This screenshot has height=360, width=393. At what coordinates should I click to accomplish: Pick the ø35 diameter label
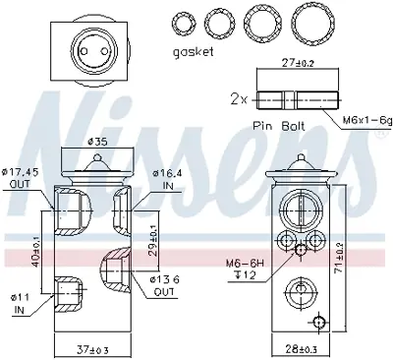pos(97,140)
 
